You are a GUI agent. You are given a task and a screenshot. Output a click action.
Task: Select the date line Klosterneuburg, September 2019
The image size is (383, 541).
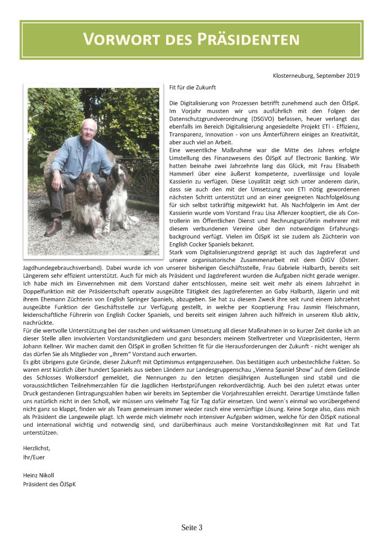click(316, 76)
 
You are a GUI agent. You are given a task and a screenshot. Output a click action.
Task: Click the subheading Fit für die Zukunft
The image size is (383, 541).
click(193, 86)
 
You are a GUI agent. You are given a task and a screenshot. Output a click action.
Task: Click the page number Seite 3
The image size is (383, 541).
click(191, 528)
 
